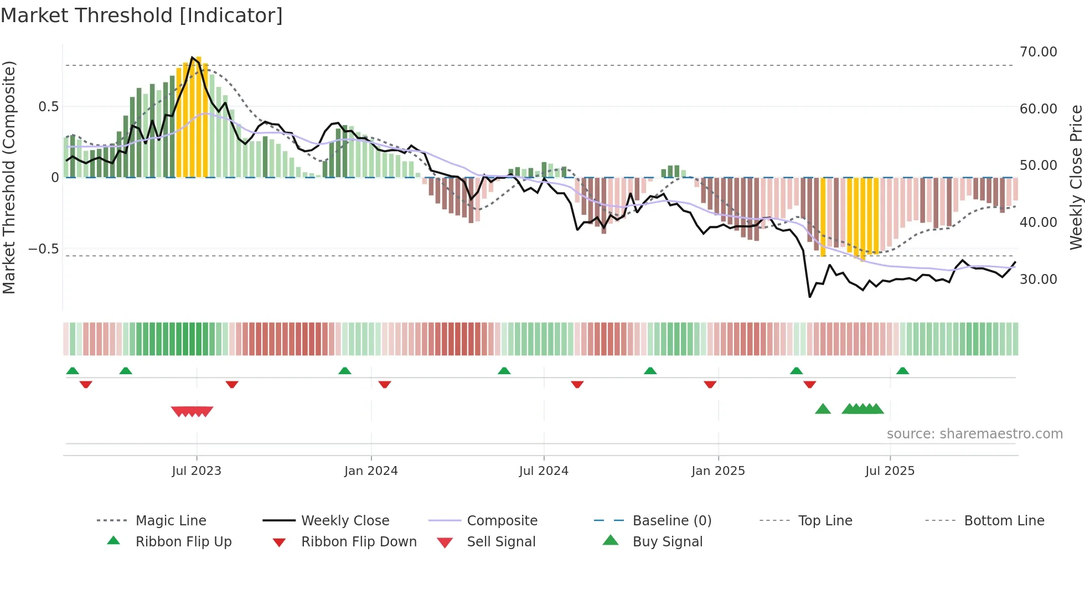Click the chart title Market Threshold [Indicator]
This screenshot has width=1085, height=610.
[x=142, y=15]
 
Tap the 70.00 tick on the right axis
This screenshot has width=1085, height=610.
[x=1038, y=52]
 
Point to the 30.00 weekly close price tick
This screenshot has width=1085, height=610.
[x=1038, y=280]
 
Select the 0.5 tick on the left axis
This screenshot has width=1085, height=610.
[x=48, y=107]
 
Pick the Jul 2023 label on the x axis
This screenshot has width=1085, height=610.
[x=197, y=471]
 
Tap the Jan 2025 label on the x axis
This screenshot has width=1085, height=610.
[x=718, y=471]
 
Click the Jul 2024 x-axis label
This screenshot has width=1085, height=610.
[x=544, y=471]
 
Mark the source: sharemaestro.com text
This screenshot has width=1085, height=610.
[x=974, y=434]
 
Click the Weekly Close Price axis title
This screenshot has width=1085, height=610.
[x=1076, y=177]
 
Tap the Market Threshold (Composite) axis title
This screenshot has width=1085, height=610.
[x=9, y=177]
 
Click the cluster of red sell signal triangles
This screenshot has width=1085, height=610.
[x=192, y=411]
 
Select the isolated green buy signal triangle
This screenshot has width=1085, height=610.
[x=823, y=409]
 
